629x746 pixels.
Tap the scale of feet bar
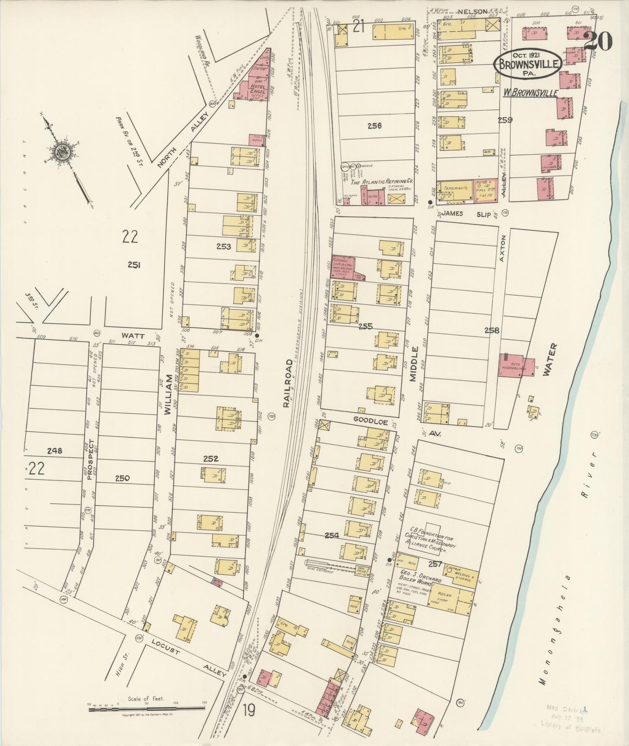146,709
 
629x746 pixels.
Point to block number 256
374,126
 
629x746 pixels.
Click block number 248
55,451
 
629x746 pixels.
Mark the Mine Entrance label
320,569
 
